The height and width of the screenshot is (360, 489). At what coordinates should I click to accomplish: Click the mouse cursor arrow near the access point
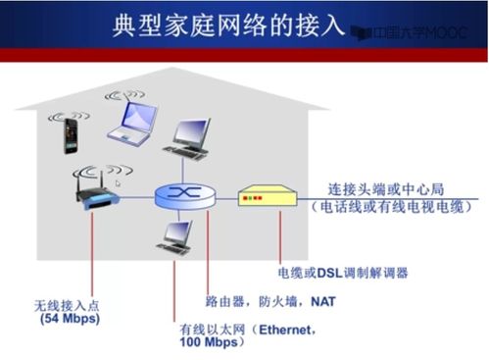(x=119, y=182)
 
